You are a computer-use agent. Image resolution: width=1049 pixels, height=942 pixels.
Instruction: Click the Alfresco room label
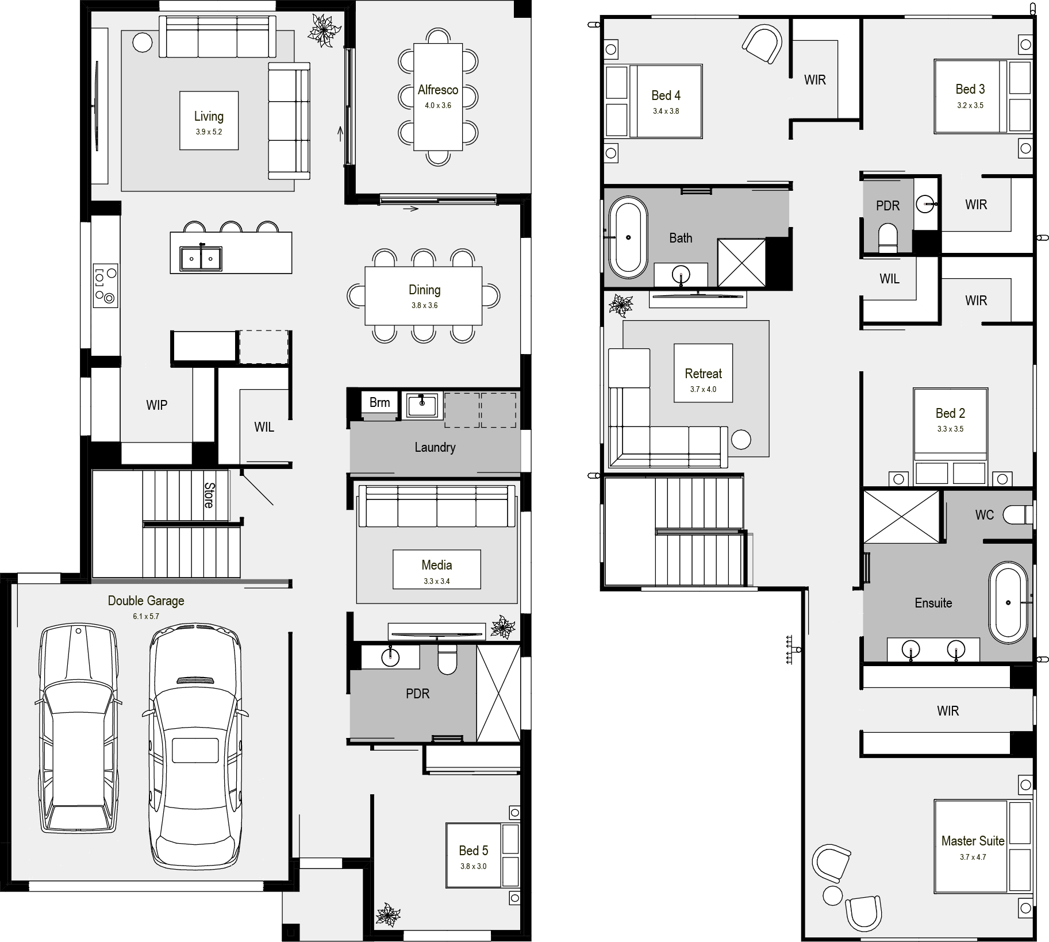coord(438,90)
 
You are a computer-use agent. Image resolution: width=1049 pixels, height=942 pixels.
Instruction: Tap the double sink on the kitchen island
coord(201,259)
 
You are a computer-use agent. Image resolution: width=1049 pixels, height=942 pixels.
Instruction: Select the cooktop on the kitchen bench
coord(105,285)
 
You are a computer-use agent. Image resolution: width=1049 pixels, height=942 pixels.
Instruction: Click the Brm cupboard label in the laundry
coord(379,402)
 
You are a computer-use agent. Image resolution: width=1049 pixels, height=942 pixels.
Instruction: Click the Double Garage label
coord(146,601)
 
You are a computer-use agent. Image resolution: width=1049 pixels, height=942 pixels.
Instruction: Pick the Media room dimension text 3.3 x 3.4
coord(437,581)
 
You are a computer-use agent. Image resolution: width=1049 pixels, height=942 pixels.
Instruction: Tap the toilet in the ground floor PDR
coord(447,658)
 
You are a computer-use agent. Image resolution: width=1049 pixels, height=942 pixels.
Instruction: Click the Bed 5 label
coord(474,851)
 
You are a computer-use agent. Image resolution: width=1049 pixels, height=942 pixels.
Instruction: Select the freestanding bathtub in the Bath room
coord(628,237)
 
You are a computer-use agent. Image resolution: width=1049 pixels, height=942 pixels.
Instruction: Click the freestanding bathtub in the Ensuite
coord(1008,602)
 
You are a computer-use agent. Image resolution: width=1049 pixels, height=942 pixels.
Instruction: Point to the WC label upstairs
coord(985,515)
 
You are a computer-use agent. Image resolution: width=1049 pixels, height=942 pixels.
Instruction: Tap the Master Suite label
coord(973,841)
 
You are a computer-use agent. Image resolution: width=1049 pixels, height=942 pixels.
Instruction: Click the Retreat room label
coord(703,374)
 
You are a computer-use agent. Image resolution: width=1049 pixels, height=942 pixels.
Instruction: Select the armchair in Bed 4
coord(763,43)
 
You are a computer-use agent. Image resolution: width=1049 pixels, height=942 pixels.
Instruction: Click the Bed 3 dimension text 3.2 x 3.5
coord(970,105)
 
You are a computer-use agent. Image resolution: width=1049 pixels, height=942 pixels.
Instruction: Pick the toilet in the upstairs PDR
coord(888,238)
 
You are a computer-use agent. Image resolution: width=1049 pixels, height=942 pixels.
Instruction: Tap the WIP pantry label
coord(157,405)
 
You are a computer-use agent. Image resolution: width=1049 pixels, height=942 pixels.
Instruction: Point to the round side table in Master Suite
coord(832,894)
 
